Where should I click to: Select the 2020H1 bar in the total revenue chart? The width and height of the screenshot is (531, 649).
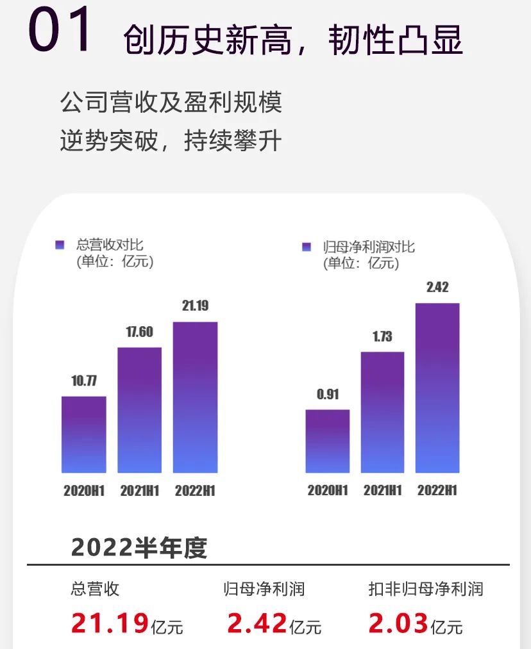click(84, 434)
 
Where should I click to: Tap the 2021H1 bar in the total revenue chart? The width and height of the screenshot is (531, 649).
click(139, 410)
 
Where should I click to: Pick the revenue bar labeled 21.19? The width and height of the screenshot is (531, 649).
click(195, 397)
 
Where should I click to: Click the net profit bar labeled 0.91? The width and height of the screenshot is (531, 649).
click(327, 441)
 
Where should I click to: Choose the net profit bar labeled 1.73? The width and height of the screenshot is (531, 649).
click(382, 412)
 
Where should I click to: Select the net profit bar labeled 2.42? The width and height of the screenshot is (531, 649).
click(437, 388)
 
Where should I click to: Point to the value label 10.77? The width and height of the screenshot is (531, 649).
click(84, 381)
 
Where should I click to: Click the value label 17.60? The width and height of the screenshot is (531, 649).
click(139, 332)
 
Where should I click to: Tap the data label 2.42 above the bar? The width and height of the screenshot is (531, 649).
click(437, 287)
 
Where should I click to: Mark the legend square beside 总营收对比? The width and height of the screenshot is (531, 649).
click(60, 245)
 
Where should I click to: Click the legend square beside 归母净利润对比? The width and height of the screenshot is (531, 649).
click(307, 247)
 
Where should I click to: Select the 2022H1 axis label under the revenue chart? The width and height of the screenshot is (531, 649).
click(195, 491)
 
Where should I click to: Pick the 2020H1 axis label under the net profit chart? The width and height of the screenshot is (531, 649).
click(327, 491)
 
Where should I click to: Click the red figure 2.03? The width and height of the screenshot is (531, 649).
click(398, 623)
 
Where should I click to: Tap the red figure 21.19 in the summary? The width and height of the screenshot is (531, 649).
click(110, 623)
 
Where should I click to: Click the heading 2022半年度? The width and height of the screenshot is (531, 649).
click(139, 548)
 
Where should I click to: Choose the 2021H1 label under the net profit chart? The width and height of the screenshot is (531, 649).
click(382, 491)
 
